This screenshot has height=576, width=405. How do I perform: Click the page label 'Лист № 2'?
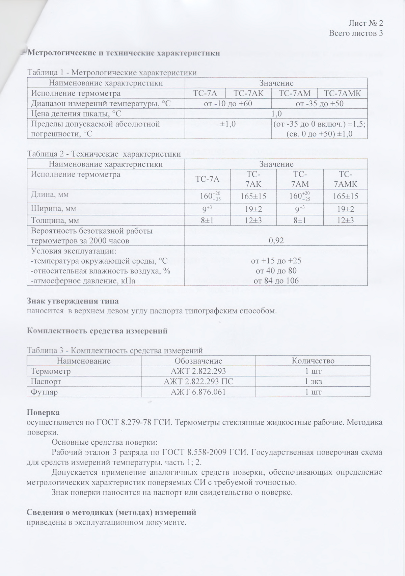[366, 23]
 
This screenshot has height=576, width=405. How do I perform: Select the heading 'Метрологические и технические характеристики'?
[124, 53]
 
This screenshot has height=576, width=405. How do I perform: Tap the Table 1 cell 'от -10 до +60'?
[228, 103]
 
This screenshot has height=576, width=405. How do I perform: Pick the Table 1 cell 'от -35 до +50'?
[319, 103]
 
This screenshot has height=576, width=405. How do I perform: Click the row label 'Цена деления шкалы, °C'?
[76, 113]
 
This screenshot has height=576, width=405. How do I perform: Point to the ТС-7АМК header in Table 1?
[342, 93]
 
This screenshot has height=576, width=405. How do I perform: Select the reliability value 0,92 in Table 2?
[276, 240]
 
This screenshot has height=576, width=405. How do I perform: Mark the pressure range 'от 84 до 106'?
[276, 281]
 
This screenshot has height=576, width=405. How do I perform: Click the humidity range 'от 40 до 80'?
[276, 271]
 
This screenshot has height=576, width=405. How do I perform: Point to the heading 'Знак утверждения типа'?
[73, 300]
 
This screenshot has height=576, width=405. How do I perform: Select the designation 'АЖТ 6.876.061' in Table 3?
[198, 392]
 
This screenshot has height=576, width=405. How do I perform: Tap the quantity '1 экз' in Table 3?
[313, 382]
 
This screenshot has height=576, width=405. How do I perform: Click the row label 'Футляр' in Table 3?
[41, 392]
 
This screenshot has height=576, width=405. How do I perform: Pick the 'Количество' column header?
[313, 361]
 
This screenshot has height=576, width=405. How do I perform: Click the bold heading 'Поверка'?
[43, 413]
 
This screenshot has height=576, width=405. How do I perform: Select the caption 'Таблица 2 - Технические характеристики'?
[104, 154]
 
